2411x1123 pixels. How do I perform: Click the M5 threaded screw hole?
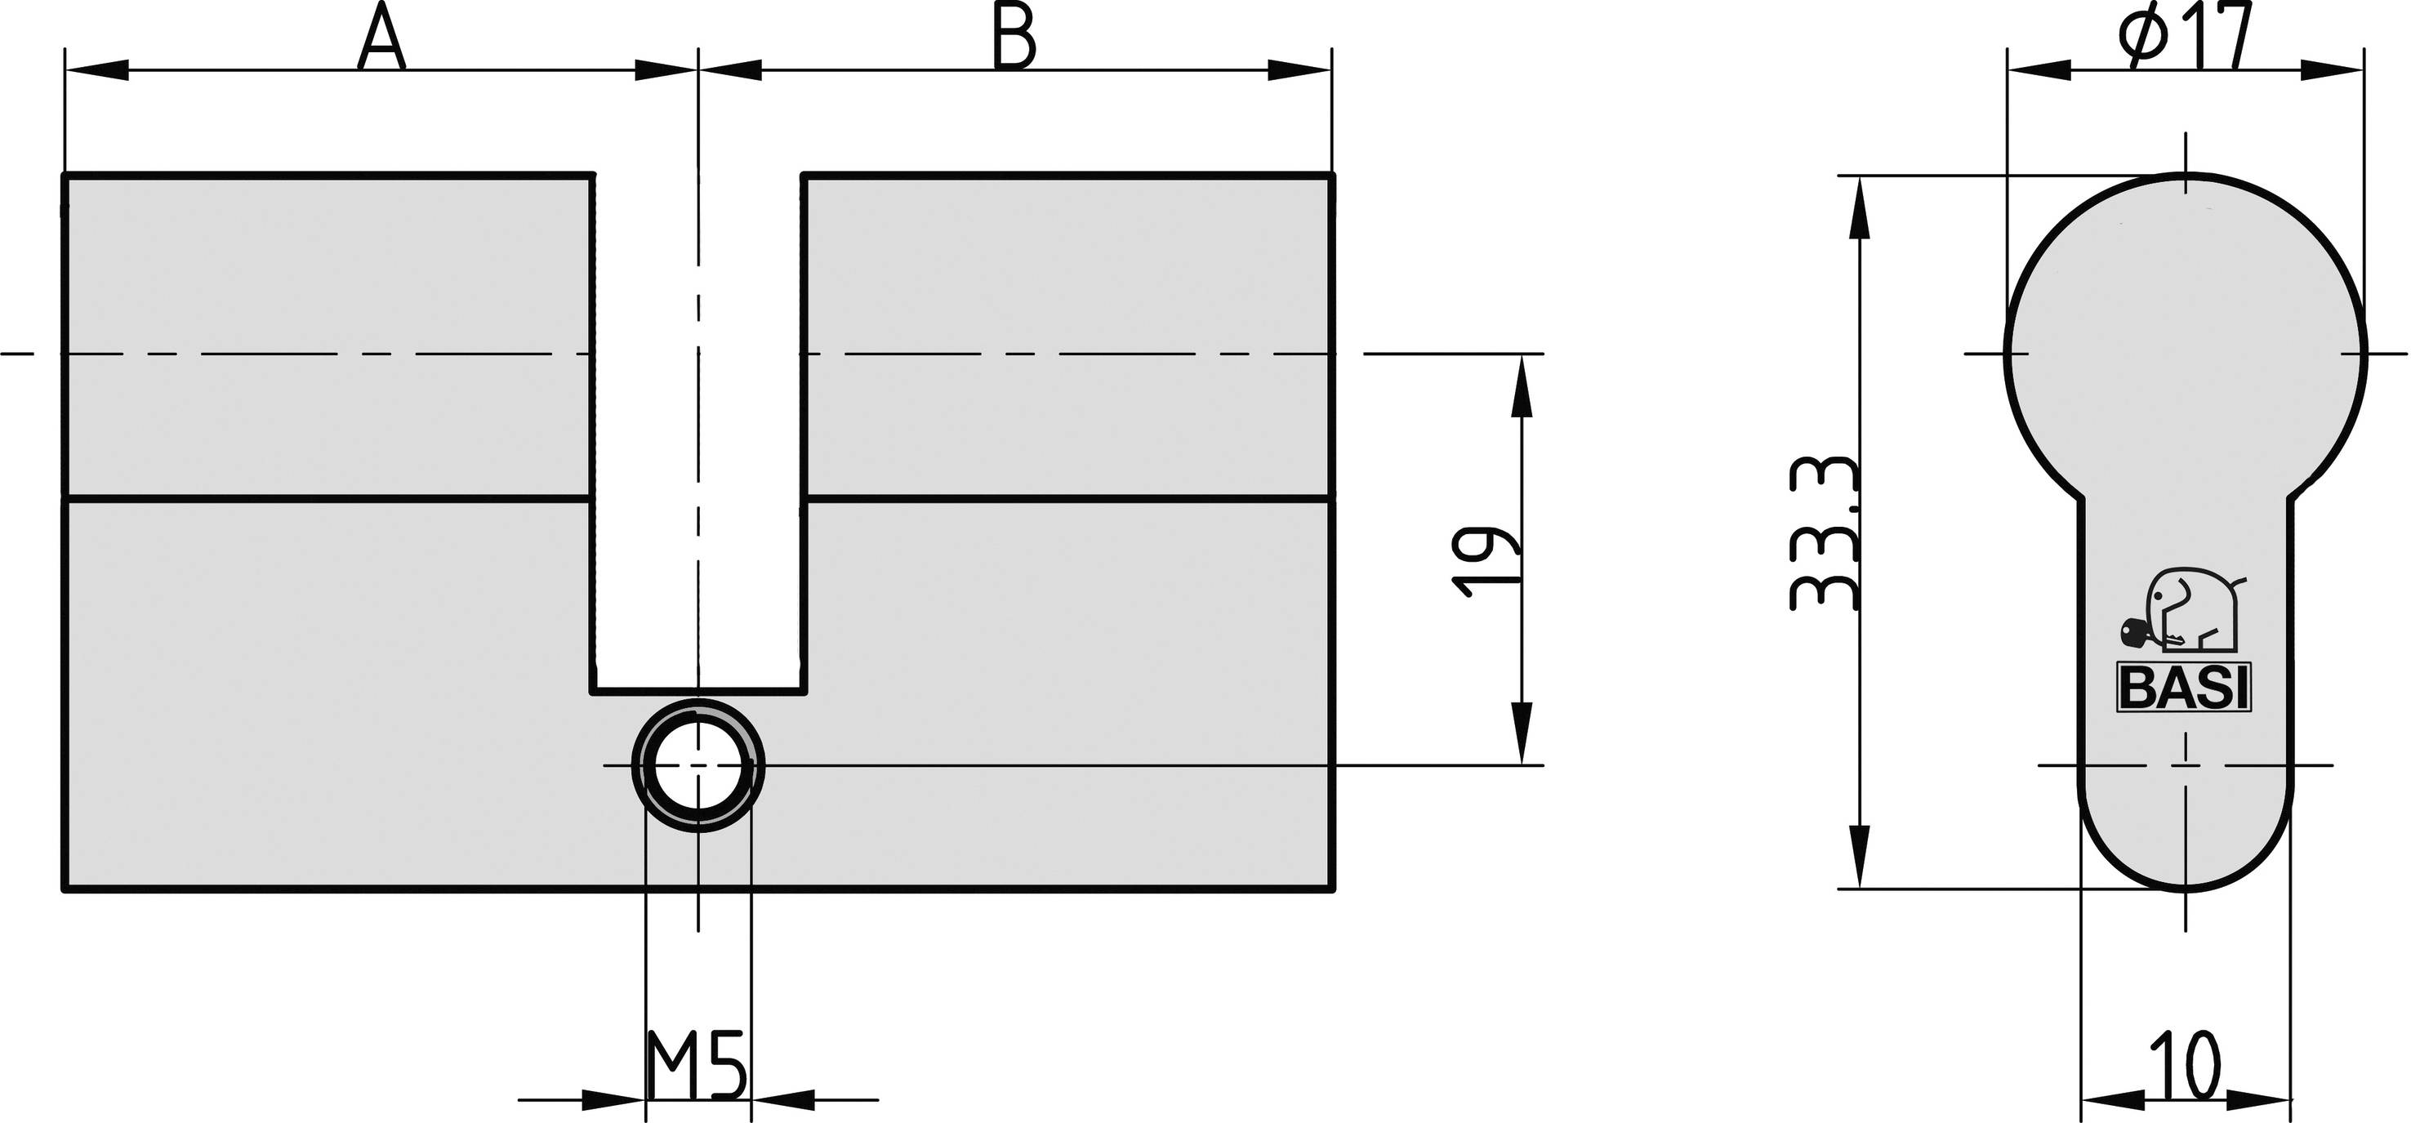pyautogui.click(x=698, y=764)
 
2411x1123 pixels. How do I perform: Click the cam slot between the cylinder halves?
pyautogui.click(x=698, y=430)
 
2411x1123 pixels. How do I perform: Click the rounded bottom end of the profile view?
pyautogui.click(x=2186, y=833)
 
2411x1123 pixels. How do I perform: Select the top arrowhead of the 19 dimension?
pyautogui.click(x=1521, y=385)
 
